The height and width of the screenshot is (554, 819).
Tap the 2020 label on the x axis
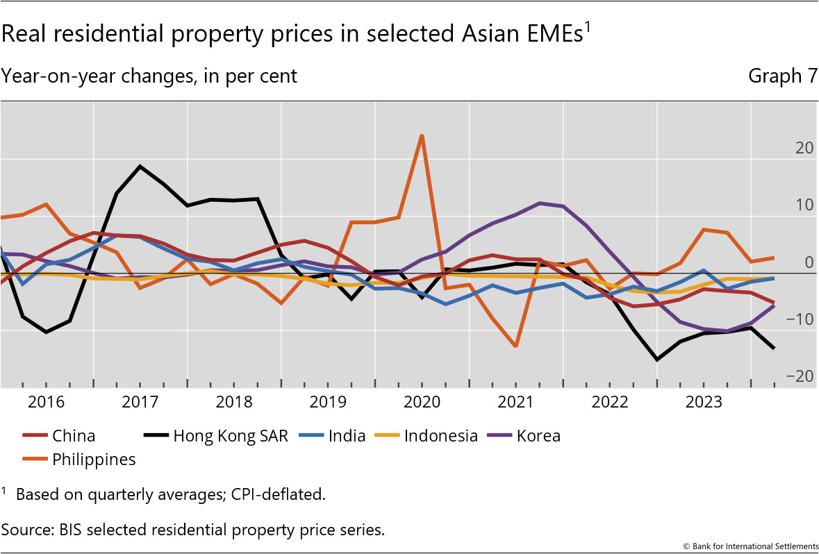click(x=422, y=402)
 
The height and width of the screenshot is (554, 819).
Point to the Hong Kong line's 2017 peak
click(x=140, y=166)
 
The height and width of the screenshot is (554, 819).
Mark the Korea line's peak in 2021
click(x=540, y=203)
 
